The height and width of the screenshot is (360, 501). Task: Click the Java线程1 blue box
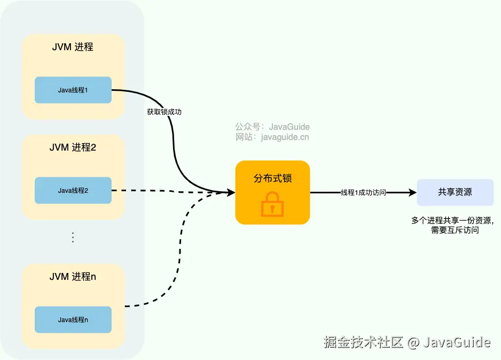click(73, 90)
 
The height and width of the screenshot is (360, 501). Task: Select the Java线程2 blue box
click(73, 190)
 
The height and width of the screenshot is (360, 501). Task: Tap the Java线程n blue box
click(73, 319)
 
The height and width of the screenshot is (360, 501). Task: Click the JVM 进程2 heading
click(73, 147)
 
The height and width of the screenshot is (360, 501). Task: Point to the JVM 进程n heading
click(73, 277)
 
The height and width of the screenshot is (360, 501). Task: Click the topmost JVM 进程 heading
click(73, 47)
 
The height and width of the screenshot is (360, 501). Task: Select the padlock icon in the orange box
click(272, 204)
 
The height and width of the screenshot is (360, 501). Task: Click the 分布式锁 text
click(272, 178)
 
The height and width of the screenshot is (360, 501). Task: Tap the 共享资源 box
click(455, 192)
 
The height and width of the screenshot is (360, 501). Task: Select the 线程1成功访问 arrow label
click(363, 192)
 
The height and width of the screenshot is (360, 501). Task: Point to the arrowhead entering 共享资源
click(413, 192)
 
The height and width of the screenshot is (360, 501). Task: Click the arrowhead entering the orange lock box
click(231, 192)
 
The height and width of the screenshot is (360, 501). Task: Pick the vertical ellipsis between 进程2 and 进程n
click(73, 238)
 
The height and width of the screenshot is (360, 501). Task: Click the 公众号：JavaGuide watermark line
click(272, 127)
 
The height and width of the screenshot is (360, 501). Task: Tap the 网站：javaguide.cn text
click(272, 137)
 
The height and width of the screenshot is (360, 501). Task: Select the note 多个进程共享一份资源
click(453, 221)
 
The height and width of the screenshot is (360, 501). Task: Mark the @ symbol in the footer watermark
click(412, 342)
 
